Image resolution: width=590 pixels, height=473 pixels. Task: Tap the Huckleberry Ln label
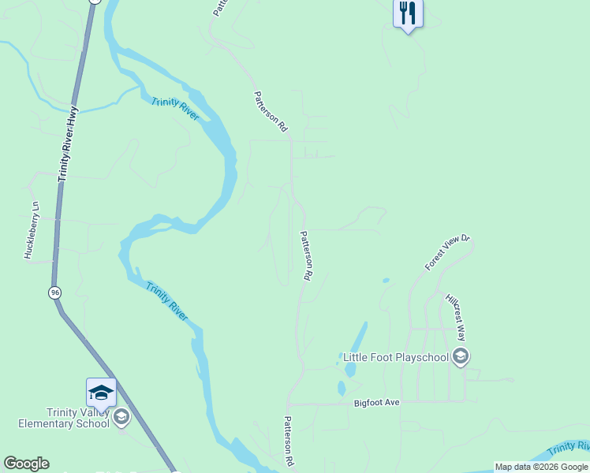[31, 230]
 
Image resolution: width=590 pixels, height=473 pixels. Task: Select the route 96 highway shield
[54, 292]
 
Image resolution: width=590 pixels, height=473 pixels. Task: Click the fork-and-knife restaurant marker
[408, 13]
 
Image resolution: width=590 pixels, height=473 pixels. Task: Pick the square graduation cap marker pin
[101, 393]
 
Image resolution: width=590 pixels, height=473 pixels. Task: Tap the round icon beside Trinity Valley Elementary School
[121, 416]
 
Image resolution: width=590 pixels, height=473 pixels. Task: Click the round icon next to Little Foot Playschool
[461, 357]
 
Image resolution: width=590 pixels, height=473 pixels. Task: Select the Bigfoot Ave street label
[377, 403]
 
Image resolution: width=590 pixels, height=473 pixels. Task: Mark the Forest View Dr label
[447, 252]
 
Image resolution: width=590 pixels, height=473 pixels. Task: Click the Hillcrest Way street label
[456, 317]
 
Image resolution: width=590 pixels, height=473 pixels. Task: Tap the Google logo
[26, 464]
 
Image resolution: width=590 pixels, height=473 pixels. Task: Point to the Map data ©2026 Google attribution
[541, 467]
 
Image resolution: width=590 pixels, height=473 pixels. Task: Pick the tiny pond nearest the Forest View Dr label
[385, 280]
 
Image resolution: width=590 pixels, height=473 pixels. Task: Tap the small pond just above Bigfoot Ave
[342, 388]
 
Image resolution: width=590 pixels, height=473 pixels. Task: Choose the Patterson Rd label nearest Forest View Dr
[308, 256]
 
